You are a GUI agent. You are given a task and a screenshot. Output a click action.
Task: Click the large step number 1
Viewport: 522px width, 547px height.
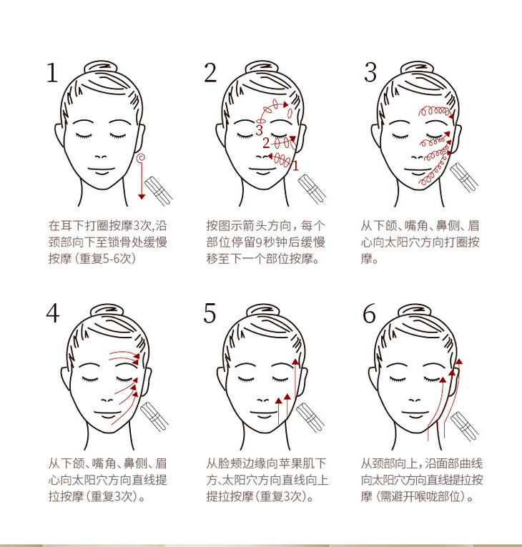pos(52,73)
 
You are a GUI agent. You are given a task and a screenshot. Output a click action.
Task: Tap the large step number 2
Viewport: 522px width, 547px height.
pos(210,73)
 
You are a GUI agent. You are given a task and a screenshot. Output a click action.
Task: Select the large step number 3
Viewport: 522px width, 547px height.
pos(370,72)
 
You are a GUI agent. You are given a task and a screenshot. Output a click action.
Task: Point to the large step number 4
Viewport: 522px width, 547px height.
pos(53,313)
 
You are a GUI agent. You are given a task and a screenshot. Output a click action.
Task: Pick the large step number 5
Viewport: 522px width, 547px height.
pos(210,313)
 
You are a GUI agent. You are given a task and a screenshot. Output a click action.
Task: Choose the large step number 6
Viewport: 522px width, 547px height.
pos(369,313)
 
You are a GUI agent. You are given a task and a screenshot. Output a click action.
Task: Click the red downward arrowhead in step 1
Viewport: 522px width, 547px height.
pos(142,197)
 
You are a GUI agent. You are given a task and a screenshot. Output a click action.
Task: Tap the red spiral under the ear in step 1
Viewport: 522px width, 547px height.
pos(141,158)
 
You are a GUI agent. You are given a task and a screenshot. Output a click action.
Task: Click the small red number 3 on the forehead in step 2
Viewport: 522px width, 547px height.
pos(259,130)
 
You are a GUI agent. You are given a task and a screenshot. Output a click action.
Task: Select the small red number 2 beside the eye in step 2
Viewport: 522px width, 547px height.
pos(266,143)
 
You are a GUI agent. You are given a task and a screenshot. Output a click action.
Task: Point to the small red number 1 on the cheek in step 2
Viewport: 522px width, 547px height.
pos(296,166)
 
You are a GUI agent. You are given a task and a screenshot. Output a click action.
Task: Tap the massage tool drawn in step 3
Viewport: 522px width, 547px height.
pos(464,177)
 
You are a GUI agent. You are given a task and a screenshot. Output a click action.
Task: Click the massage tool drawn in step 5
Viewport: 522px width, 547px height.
pos(310,418)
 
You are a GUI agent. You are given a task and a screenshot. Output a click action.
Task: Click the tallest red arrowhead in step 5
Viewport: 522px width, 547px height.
pos(295,361)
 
